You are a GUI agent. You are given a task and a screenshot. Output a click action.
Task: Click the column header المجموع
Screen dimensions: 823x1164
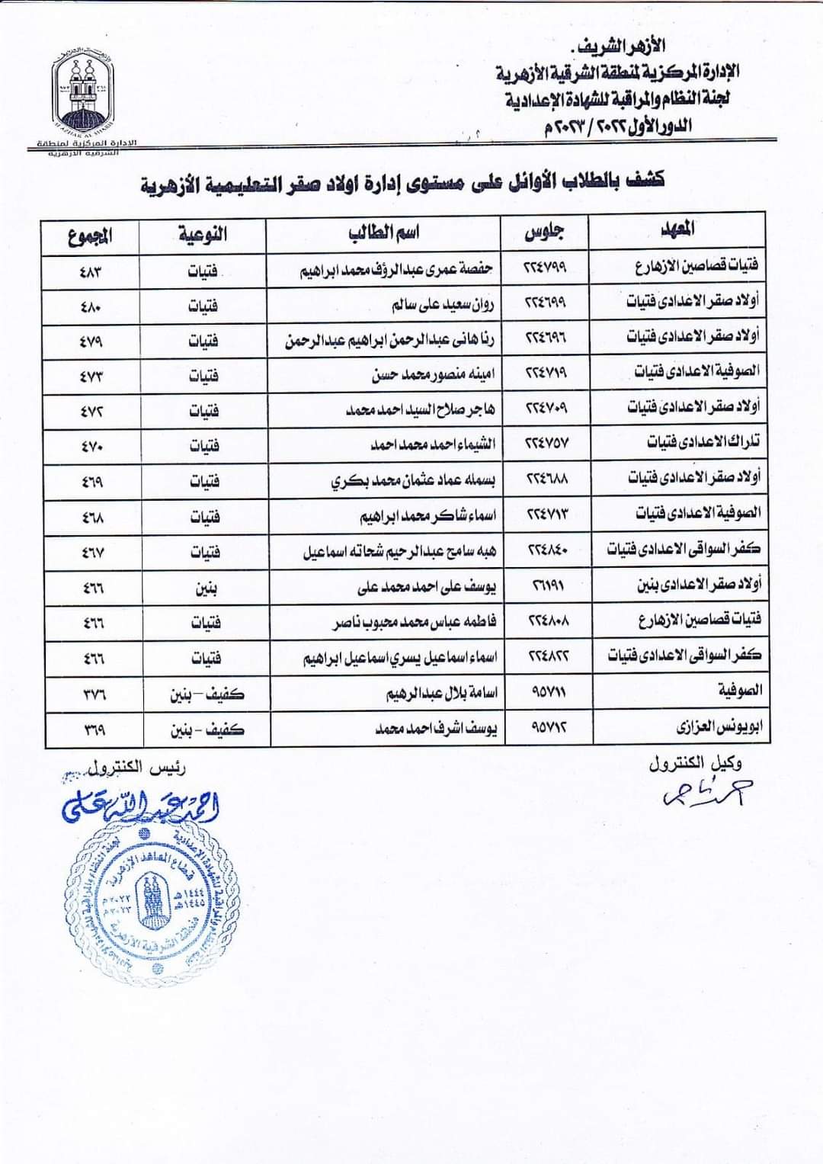pos(90,236)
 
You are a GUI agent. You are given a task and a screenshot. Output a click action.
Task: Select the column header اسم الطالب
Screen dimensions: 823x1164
pos(384,233)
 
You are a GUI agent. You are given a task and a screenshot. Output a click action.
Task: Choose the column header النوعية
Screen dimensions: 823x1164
pos(203,234)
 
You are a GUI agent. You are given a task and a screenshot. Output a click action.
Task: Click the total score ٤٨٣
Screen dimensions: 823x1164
pos(91,271)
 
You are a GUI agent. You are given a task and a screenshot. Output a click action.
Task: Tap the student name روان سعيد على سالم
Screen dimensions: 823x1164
pos(443,305)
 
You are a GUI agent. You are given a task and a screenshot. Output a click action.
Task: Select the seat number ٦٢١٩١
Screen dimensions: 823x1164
pos(547,585)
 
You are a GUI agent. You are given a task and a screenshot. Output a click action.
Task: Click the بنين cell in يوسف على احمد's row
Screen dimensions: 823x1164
pos(206,588)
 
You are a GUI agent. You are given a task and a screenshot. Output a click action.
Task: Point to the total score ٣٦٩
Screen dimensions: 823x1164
pos(94,730)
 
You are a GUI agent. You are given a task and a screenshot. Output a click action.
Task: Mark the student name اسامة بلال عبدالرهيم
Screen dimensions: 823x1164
pos(441,694)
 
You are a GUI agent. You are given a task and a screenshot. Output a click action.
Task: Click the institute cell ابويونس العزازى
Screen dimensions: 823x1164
pos(719,727)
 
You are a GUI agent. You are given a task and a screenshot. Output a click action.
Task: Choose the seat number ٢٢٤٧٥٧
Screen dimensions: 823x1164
pos(546,443)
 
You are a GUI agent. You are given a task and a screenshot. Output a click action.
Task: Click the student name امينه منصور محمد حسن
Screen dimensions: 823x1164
pos(433,374)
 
